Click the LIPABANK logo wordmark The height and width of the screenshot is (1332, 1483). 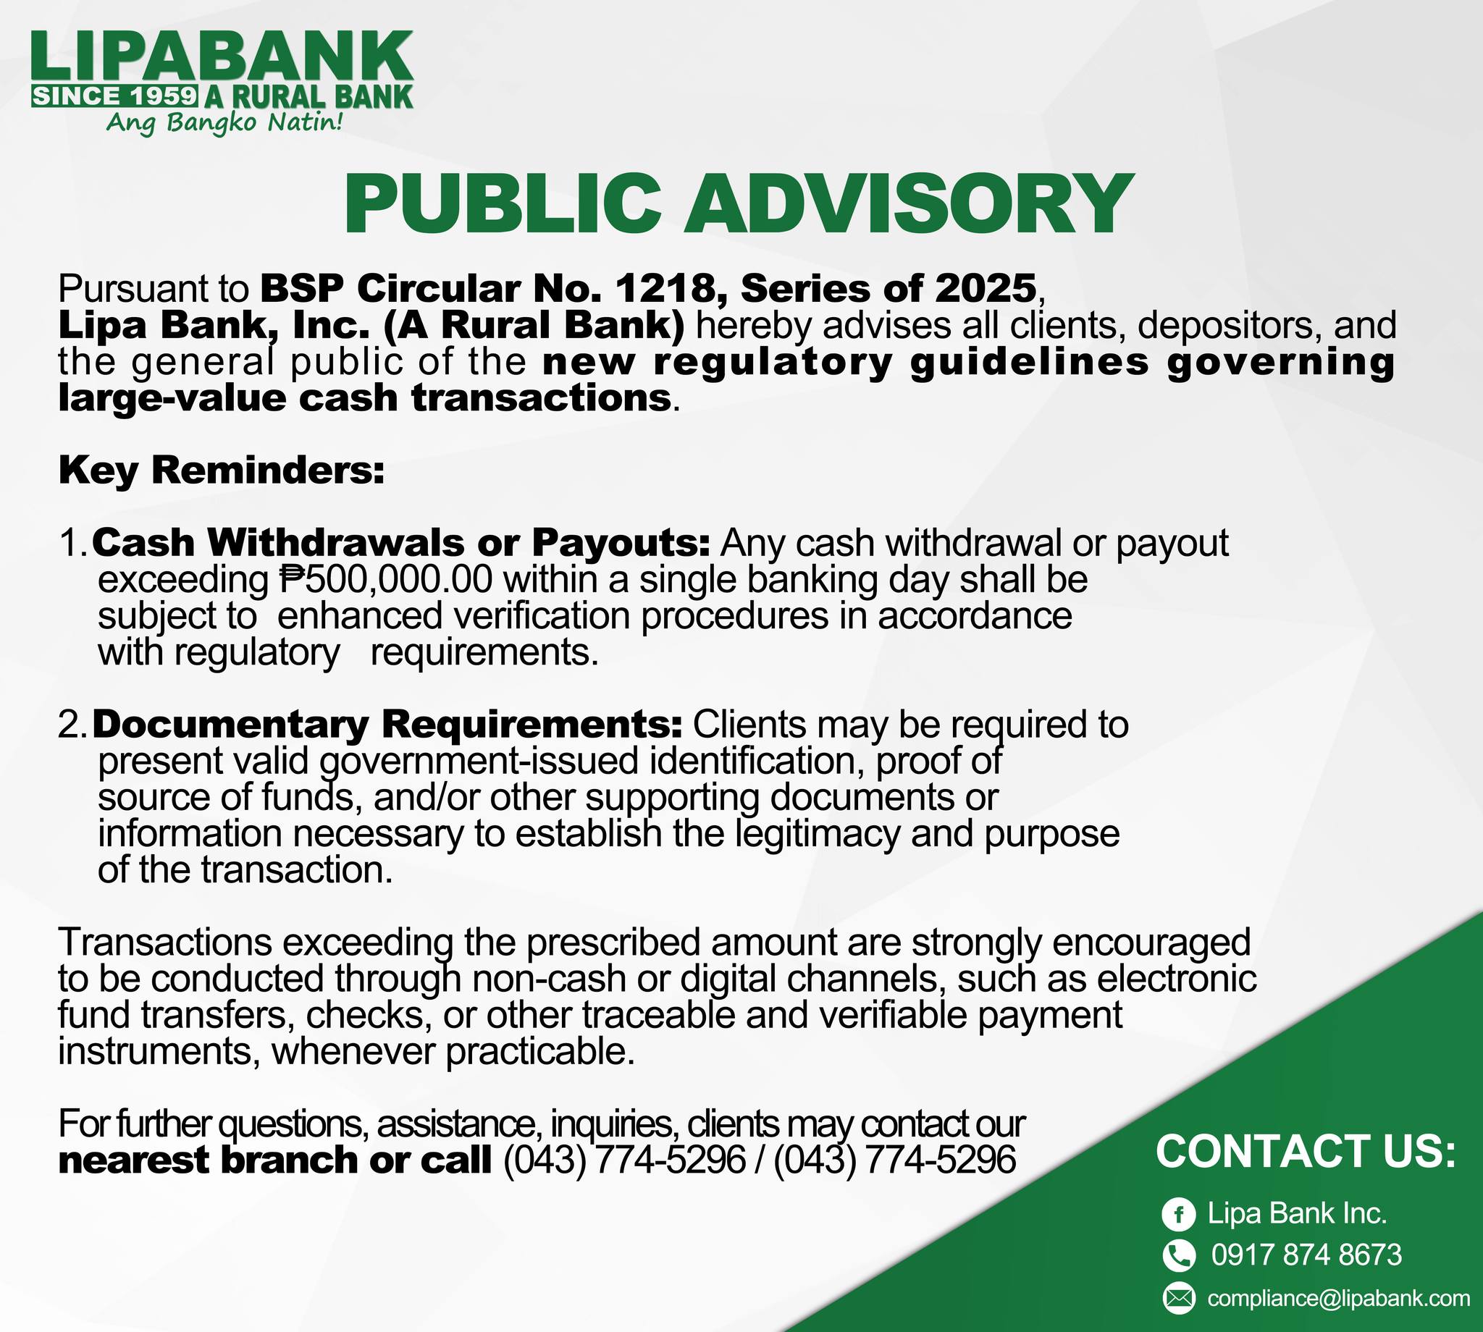(222, 59)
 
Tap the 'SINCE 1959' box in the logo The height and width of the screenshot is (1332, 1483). (115, 96)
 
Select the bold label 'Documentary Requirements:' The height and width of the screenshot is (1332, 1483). (388, 725)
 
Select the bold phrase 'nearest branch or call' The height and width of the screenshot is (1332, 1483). (275, 1160)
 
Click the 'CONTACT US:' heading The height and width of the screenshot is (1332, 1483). (1306, 1151)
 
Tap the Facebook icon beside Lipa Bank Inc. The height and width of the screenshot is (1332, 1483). (1178, 1215)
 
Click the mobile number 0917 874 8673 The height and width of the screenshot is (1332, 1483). (1306, 1255)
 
